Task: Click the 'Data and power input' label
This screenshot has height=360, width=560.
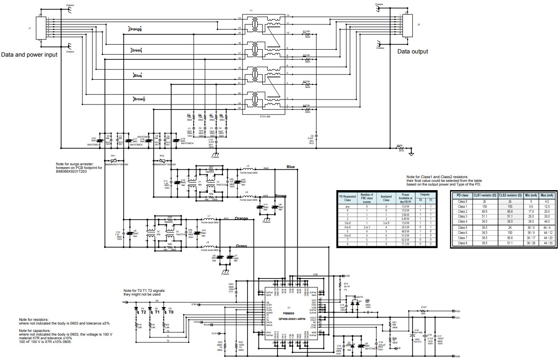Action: (29, 55)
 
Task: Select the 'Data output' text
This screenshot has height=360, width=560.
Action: (412, 52)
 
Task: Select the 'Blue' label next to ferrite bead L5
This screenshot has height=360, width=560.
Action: (290, 167)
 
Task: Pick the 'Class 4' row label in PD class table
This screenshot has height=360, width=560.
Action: (462, 221)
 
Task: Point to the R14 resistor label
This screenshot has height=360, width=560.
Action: (346, 284)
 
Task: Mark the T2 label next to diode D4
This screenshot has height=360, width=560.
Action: (144, 312)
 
